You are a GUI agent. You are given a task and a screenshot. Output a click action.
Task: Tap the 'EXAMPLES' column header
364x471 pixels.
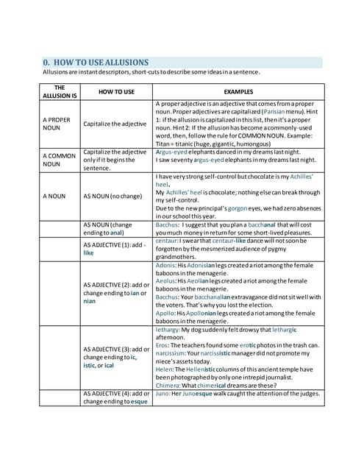click(x=238, y=91)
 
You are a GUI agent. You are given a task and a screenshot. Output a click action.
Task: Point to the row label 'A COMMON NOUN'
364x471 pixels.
click(x=55, y=160)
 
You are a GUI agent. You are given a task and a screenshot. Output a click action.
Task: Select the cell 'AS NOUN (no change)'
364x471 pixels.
click(x=113, y=196)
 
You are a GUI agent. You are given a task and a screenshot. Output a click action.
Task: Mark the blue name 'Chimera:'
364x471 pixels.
click(x=171, y=385)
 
